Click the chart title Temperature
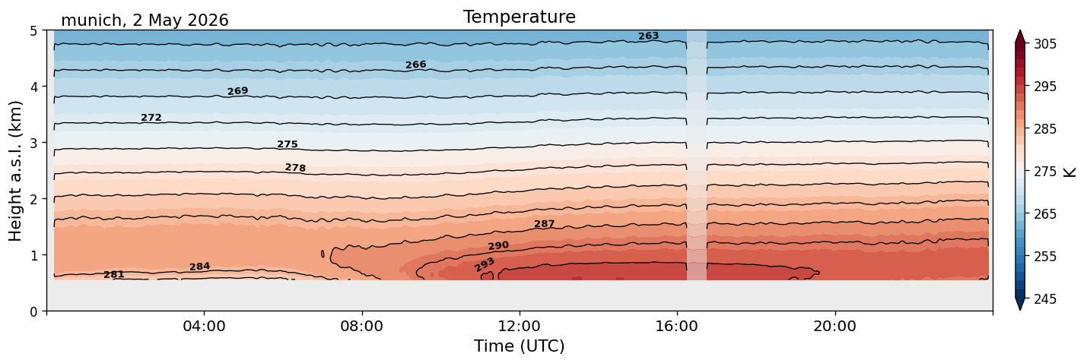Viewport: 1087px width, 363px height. (x=520, y=17)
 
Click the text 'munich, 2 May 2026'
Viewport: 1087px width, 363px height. (x=145, y=21)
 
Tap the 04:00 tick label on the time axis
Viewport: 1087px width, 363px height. (x=204, y=326)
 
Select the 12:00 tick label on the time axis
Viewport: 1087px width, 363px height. (x=520, y=326)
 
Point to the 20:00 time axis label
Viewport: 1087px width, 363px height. (x=834, y=326)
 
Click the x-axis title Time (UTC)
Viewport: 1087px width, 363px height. (x=520, y=346)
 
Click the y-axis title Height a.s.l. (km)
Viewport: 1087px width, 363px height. (x=15, y=171)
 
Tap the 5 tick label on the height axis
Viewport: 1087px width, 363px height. (x=33, y=31)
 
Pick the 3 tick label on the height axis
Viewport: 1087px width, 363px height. (x=33, y=143)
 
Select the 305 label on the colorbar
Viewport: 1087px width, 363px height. (x=1045, y=44)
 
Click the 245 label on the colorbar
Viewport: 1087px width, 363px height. (x=1045, y=299)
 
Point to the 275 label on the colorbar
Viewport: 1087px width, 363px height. (x=1045, y=172)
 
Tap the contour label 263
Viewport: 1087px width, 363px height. (x=648, y=36)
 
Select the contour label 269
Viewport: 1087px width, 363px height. (x=238, y=91)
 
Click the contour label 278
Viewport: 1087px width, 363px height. (x=296, y=168)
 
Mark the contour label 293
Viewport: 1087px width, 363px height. (x=485, y=264)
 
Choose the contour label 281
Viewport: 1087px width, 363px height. (x=114, y=274)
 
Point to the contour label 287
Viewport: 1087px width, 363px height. (x=544, y=224)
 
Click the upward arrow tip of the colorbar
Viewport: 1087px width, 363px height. (x=1019, y=30)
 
